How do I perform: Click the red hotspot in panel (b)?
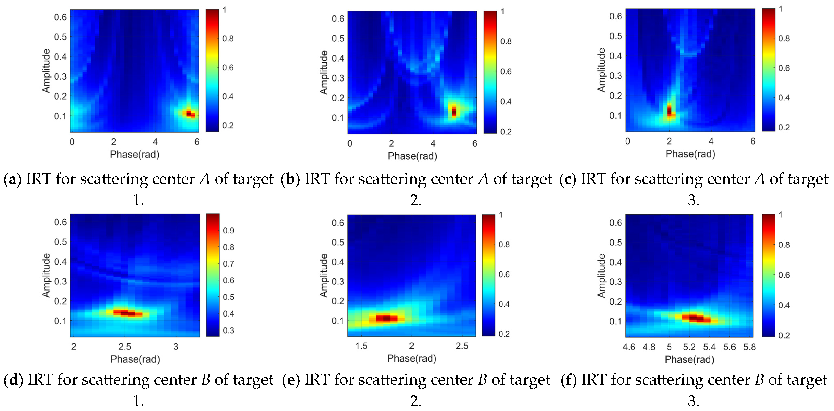(x=454, y=112)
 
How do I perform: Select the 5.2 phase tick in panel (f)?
(x=689, y=347)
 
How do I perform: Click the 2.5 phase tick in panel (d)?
(x=125, y=347)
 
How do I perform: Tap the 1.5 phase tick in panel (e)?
(x=361, y=346)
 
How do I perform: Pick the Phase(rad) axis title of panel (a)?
(x=135, y=154)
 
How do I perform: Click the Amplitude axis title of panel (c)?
(x=601, y=70)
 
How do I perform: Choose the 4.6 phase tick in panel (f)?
(x=629, y=347)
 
